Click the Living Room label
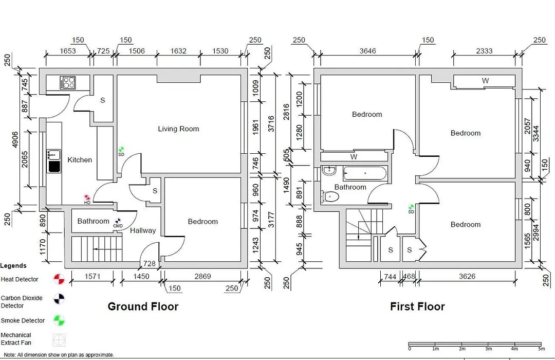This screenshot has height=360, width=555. (178, 129)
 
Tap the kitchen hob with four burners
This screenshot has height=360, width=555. (68, 83)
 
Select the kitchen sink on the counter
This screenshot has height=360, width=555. (54, 161)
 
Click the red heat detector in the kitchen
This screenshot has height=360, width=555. (87, 197)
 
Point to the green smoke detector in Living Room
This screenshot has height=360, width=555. (121, 149)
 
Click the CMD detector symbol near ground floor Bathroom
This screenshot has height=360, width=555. (118, 221)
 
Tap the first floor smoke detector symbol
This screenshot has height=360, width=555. (411, 207)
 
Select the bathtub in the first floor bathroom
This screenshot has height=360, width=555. (364, 173)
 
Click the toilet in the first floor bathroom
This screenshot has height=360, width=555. (329, 196)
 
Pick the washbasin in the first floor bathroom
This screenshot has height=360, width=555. (329, 170)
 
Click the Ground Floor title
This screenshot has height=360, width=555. (143, 307)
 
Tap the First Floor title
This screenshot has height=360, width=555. (417, 307)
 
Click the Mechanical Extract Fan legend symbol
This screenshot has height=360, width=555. (59, 340)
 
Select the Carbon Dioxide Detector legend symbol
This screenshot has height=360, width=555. (59, 299)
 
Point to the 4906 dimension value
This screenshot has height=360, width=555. (15, 140)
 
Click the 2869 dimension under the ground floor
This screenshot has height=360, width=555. (202, 276)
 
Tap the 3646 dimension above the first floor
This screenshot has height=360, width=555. (368, 51)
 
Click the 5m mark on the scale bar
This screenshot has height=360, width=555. (541, 349)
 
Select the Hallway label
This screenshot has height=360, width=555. (143, 231)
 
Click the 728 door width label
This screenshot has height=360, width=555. (150, 263)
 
